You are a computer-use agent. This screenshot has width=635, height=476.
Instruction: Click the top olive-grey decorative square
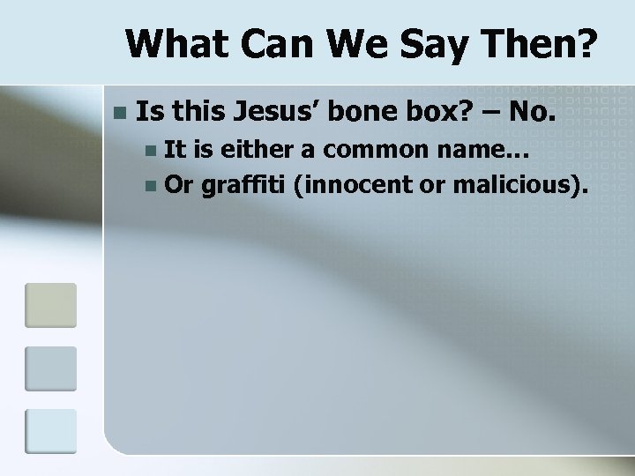click(50, 305)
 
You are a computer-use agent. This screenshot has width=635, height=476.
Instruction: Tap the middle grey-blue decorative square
click(50, 368)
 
